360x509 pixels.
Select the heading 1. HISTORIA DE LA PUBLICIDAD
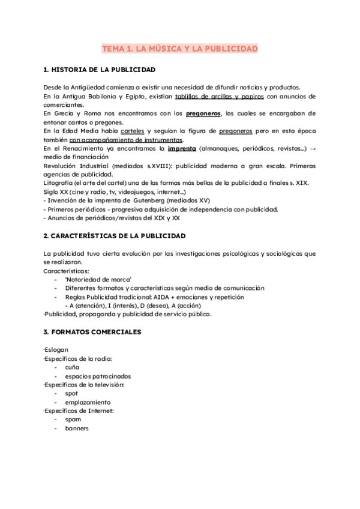(100, 70)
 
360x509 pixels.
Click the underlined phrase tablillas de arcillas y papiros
(218, 96)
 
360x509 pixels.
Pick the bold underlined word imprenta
(182, 148)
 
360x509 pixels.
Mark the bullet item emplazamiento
(88, 402)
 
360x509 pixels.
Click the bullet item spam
(73, 420)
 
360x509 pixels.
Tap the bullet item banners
(76, 429)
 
